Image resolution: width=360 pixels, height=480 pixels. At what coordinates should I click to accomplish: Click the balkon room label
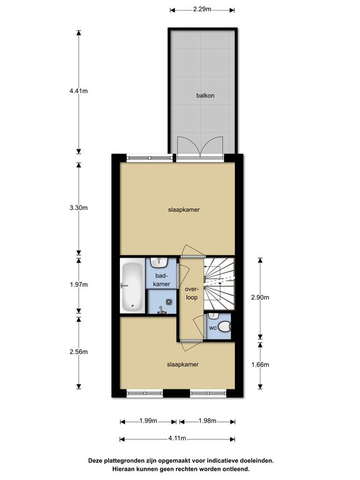[x=205, y=96]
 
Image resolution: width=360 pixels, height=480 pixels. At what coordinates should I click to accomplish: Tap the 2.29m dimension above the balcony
[x=202, y=9]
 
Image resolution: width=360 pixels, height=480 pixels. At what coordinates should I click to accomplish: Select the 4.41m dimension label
[x=79, y=91]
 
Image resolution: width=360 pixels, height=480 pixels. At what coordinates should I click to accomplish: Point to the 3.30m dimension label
[x=79, y=208]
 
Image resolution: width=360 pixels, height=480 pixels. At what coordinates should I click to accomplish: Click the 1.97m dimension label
[x=79, y=285]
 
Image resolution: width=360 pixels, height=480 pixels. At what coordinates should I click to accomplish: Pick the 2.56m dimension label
[x=79, y=352]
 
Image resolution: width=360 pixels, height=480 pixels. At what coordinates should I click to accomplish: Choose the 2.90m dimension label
[x=260, y=297]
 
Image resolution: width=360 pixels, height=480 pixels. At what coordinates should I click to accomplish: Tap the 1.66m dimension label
[x=260, y=364]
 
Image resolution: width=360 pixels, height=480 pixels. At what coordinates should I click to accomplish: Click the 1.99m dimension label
[x=149, y=421]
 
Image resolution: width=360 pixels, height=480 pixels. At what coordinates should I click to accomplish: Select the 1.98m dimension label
[x=207, y=421]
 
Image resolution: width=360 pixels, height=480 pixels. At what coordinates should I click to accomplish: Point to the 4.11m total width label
[x=177, y=438]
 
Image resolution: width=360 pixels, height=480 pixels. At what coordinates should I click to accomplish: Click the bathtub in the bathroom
[x=132, y=286]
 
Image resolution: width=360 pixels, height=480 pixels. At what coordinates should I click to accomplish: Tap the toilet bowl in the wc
[x=225, y=327]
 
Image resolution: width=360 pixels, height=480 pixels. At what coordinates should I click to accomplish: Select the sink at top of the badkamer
[x=159, y=263]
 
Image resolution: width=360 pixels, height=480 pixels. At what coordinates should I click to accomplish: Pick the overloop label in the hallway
[x=192, y=293]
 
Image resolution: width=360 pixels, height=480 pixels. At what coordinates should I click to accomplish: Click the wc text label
[x=212, y=328]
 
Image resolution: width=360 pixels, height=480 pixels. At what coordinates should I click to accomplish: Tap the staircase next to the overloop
[x=219, y=284]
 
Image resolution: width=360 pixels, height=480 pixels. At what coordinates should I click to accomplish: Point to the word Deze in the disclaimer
[x=95, y=461]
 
